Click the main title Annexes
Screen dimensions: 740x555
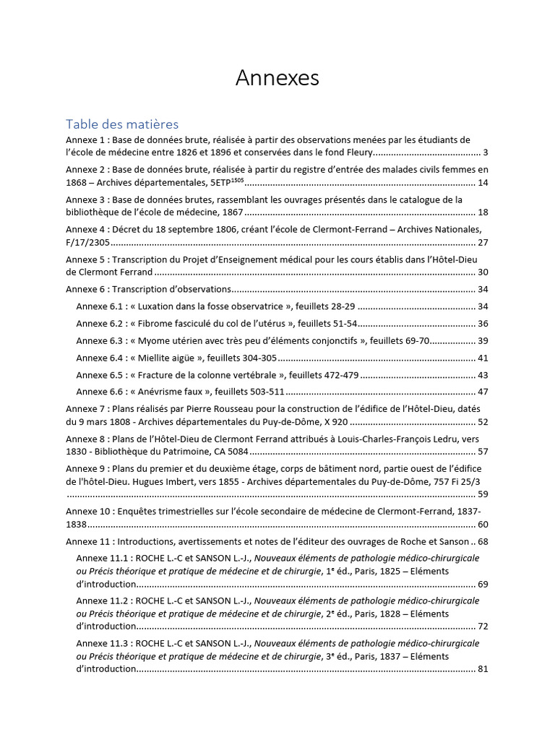coord(277,78)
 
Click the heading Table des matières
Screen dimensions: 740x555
coord(122,124)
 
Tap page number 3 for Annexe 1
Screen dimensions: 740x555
coord(486,152)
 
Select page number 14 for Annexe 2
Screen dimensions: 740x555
coord(483,182)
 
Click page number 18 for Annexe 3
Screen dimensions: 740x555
coord(483,212)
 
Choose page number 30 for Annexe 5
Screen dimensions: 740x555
coord(483,272)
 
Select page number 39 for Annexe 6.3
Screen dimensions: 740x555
coord(483,340)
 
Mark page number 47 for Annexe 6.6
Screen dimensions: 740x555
coord(483,392)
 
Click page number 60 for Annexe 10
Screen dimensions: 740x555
coord(483,524)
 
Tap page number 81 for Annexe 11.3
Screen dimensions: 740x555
coord(483,668)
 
